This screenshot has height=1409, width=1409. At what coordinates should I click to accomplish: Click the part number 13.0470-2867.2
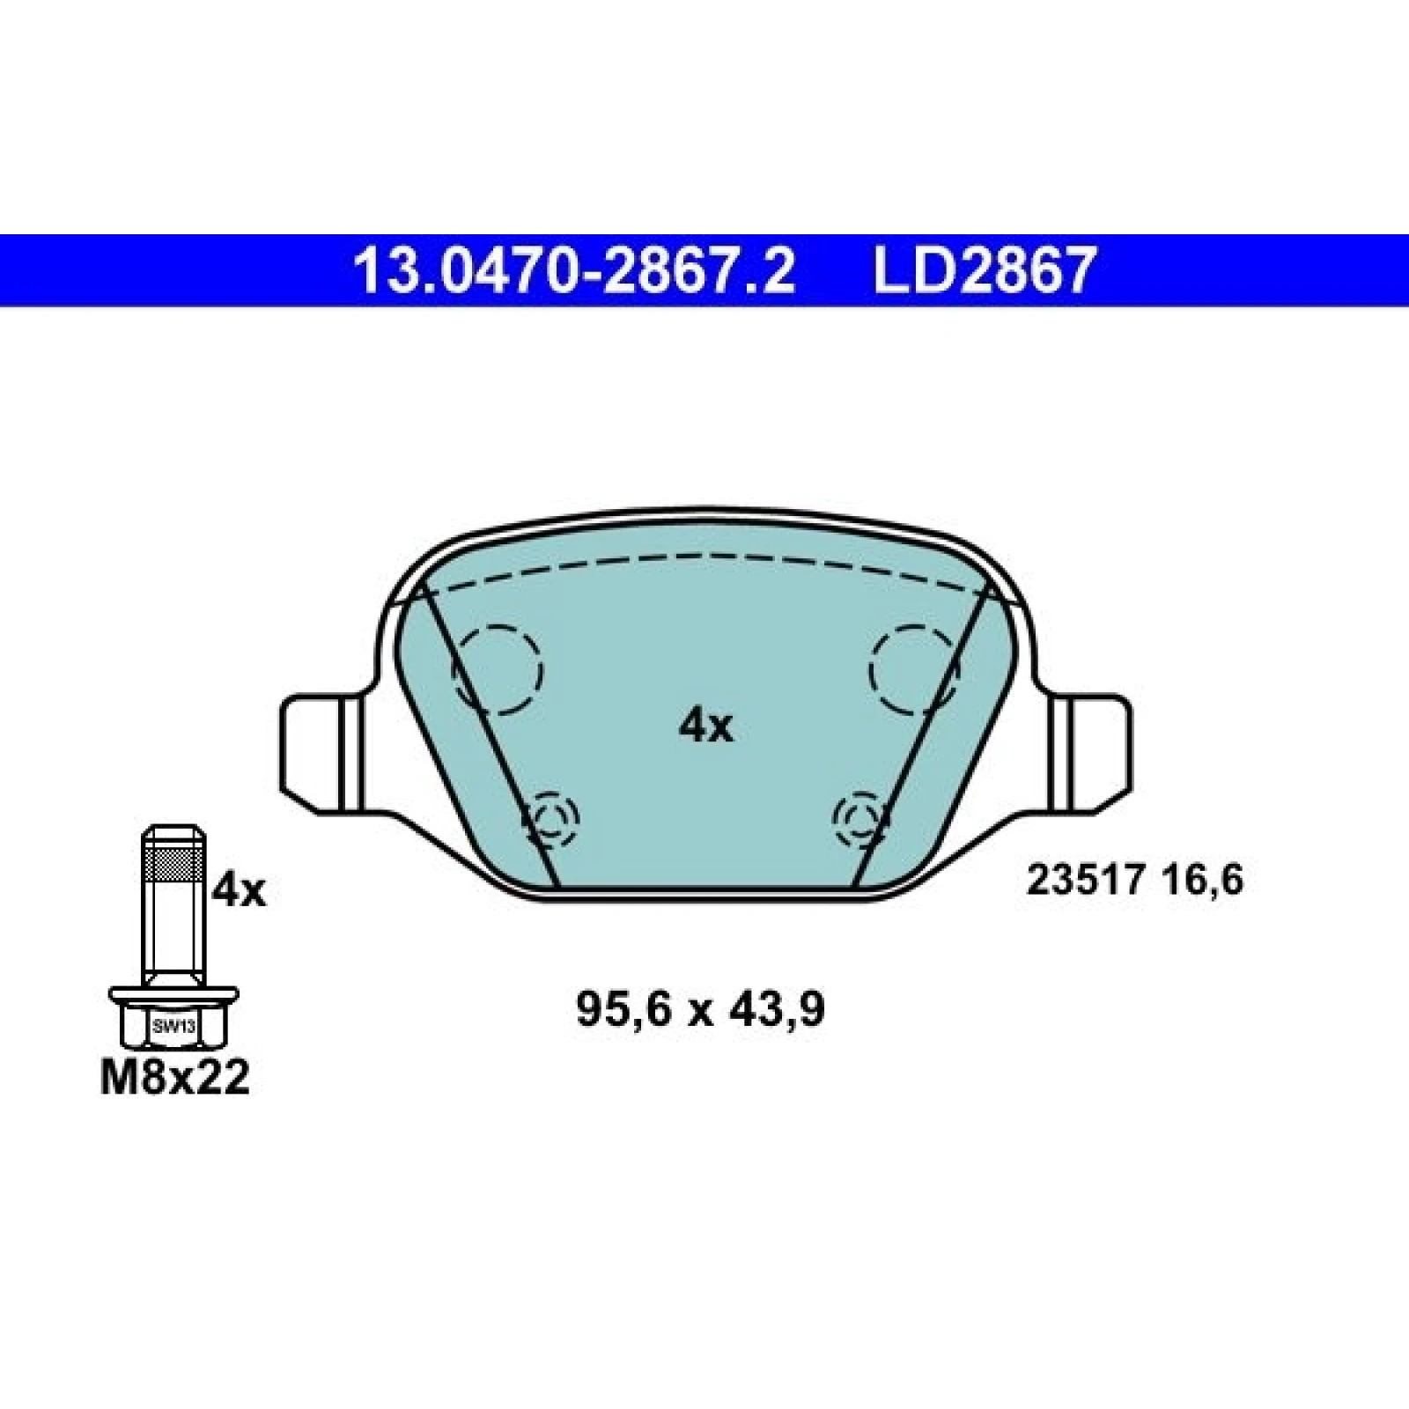[573, 270]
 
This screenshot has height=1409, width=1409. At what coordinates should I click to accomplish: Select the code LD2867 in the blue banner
[984, 270]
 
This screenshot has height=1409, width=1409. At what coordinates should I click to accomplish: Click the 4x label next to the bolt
[239, 892]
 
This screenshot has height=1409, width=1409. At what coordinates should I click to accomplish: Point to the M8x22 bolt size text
[174, 1077]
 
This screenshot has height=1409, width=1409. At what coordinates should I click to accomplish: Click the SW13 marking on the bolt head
[174, 1026]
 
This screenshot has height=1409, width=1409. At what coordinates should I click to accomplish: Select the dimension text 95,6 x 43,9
[701, 1009]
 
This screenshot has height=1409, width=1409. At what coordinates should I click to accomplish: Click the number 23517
[1085, 881]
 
